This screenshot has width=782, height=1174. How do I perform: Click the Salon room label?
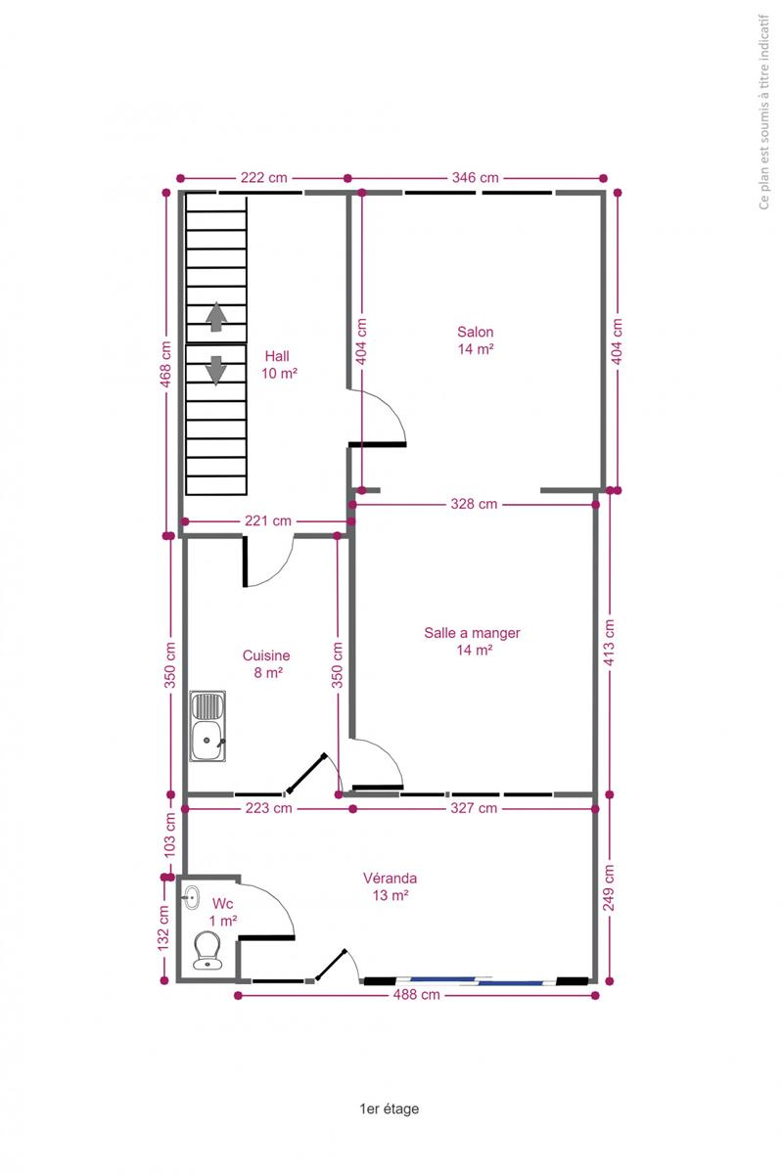476,340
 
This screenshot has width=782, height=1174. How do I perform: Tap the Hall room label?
279,365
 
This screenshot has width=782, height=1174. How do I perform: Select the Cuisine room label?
266,663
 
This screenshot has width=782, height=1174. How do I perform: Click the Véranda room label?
391,886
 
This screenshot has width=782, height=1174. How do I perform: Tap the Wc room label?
223,912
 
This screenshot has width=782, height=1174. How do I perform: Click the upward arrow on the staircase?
216,317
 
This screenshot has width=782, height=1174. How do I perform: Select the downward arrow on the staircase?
216,371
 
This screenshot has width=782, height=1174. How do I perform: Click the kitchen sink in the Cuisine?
207,726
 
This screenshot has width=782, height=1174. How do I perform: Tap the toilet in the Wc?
207,950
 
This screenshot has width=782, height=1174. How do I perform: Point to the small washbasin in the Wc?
191,898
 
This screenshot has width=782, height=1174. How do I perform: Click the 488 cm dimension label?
416,994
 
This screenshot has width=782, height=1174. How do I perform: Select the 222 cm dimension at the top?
264,178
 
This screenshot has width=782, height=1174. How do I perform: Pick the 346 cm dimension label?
476,178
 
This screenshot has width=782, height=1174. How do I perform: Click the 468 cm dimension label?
165,364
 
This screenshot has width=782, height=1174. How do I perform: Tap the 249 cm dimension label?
609,888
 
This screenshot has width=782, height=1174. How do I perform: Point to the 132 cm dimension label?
163,928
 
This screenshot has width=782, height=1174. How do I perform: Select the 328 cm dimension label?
474,504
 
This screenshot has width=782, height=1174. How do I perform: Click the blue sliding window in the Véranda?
477,980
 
